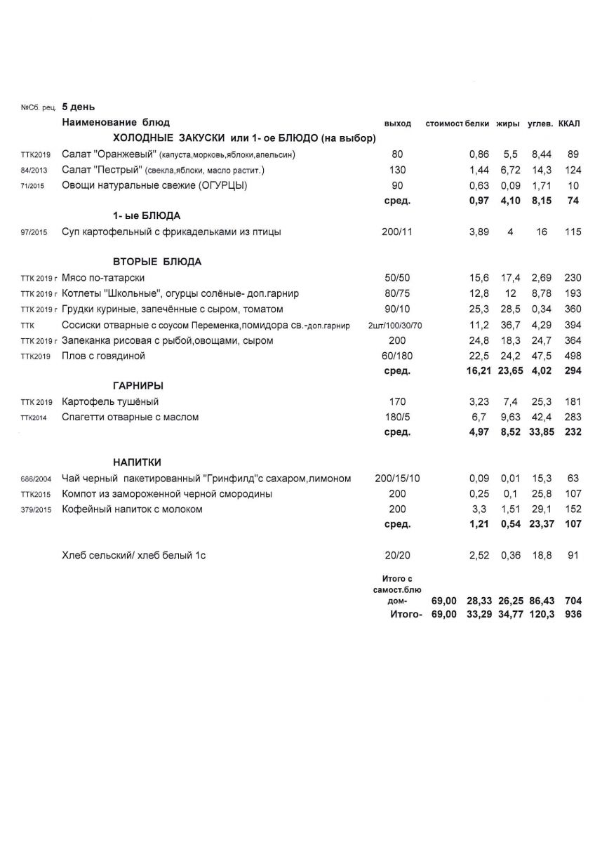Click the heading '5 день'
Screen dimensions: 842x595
click(x=78, y=107)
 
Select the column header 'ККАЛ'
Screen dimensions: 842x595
click(x=569, y=123)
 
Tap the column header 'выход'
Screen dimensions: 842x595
click(x=398, y=123)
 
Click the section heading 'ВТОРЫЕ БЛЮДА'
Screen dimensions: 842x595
click(x=157, y=262)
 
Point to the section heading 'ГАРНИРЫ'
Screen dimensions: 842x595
click(x=138, y=385)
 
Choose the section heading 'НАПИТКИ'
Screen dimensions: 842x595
click(x=138, y=462)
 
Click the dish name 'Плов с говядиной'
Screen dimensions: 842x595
click(x=103, y=356)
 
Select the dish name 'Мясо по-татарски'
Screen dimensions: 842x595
click(x=103, y=278)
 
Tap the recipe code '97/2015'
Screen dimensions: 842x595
click(x=34, y=232)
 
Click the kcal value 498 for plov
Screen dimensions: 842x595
click(x=573, y=356)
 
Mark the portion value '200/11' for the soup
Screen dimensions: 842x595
click(x=398, y=232)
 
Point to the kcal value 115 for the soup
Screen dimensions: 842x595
click(x=573, y=232)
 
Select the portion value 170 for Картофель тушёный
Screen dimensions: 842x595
click(x=398, y=401)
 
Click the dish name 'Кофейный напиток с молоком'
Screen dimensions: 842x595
click(x=132, y=509)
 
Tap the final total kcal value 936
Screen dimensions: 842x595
click(x=573, y=614)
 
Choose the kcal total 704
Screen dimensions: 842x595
click(x=573, y=601)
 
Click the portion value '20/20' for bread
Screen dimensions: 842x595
click(x=398, y=556)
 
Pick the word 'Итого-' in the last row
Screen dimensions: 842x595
click(x=406, y=614)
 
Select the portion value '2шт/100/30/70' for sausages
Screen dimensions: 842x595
click(x=397, y=325)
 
